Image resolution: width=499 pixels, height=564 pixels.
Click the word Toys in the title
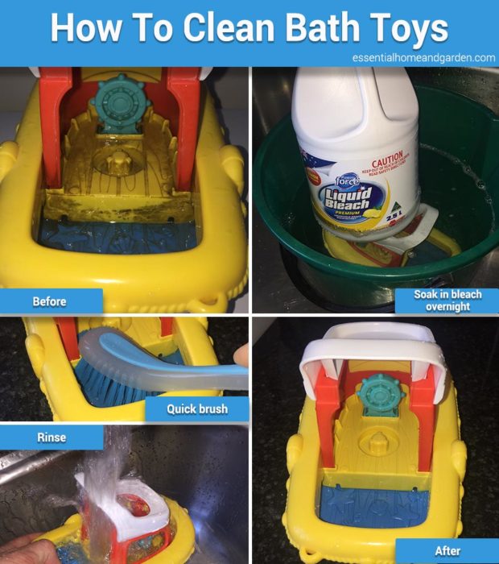click(407, 28)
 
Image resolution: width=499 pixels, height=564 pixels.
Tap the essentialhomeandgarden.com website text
click(423, 57)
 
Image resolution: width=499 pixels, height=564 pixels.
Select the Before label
click(49, 301)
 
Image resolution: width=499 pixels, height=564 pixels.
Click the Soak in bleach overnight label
click(447, 301)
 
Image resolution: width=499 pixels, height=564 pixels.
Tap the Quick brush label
click(196, 408)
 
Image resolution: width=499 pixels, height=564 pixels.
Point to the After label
click(447, 551)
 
